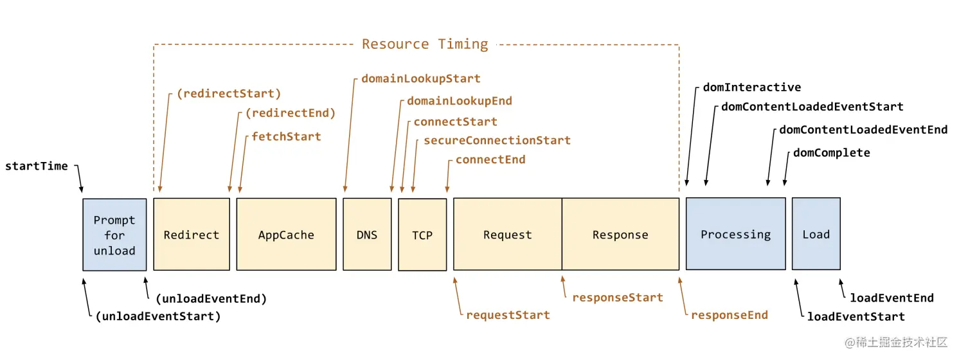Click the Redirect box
click(192, 234)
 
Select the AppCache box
click(286, 234)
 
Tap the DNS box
click(367, 234)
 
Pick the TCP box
click(422, 235)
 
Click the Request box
click(508, 234)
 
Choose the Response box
click(620, 234)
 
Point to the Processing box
click(735, 234)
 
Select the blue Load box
click(816, 234)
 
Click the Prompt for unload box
click(115, 235)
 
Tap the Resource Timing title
click(425, 44)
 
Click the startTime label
click(37, 166)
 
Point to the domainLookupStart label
click(421, 79)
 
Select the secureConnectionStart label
click(497, 140)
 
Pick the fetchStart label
click(286, 136)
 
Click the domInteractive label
click(752, 87)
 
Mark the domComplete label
click(832, 153)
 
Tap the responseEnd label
click(730, 316)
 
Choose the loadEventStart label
click(856, 317)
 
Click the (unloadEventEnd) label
click(211, 299)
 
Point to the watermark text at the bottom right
click(895, 343)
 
